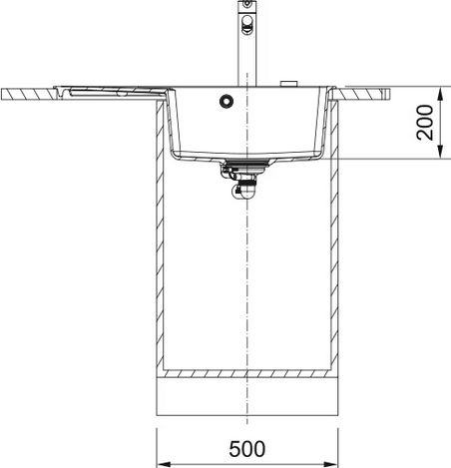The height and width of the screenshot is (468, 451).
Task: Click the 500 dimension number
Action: pos(247,449)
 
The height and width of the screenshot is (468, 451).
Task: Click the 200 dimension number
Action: pos(425,122)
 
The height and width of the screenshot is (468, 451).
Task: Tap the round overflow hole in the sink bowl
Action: pos(226,101)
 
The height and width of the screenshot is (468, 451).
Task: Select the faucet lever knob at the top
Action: pos(247,25)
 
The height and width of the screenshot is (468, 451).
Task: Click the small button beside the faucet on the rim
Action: pos(289,84)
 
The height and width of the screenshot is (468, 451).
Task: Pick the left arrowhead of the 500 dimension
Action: pos(164,464)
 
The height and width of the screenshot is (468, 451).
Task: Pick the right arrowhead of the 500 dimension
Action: pos(331,464)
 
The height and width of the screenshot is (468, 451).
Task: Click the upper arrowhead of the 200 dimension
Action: pos(440,94)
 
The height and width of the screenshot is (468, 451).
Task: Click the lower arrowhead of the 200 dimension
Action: pos(440,152)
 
